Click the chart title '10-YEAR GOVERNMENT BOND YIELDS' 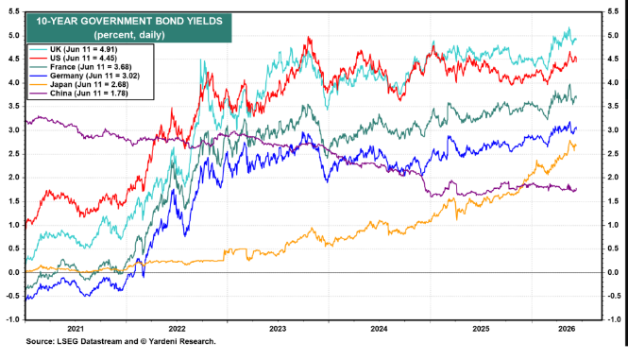click(x=129, y=21)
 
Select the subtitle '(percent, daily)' click(x=129, y=35)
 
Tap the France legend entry click(x=80, y=67)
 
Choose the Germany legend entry click(x=84, y=76)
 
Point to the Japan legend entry click(x=79, y=85)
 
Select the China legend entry click(x=78, y=94)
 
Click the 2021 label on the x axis click(x=76, y=329)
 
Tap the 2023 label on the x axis click(x=278, y=329)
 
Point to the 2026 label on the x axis click(x=567, y=329)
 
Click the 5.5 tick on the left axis click(x=13, y=11)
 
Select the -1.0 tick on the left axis click(x=12, y=319)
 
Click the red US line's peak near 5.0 click(x=308, y=37)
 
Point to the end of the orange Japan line click(x=576, y=146)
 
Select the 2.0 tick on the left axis click(x=13, y=178)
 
